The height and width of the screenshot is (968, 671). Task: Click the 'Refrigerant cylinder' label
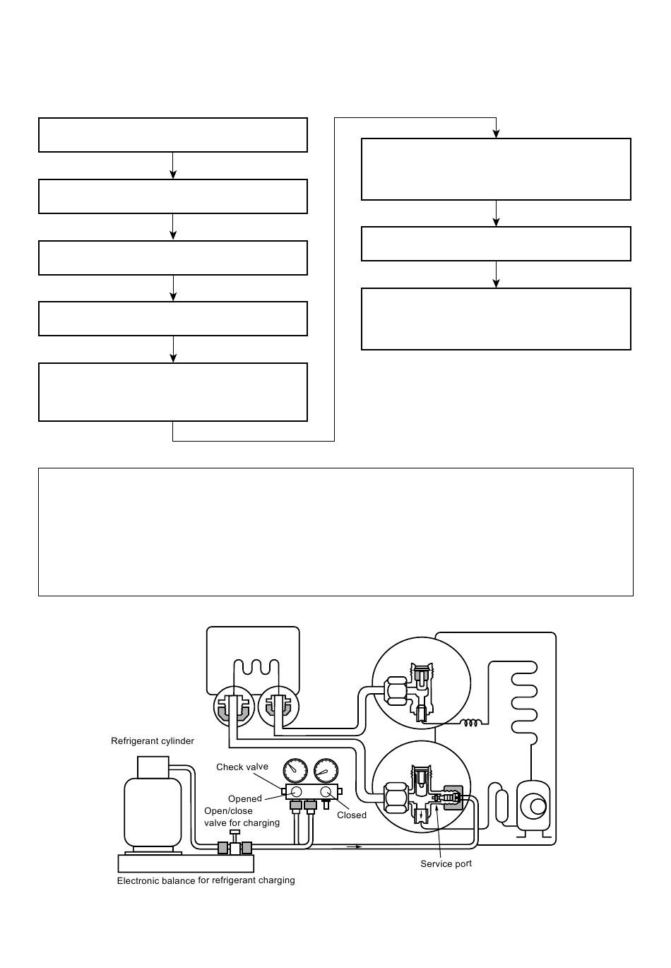[x=152, y=741]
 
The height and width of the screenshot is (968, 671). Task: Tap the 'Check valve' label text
[x=242, y=767]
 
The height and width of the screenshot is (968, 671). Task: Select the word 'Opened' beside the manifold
[x=244, y=799]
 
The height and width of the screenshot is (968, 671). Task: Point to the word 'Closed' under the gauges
[x=351, y=815]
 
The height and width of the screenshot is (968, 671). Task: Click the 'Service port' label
[x=446, y=863]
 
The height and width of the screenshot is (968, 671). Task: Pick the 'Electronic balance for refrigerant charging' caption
[x=206, y=880]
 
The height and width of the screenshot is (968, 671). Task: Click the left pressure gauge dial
[x=295, y=772]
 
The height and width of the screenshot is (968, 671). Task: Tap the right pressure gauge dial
[x=326, y=772]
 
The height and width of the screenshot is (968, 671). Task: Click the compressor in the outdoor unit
[x=534, y=805]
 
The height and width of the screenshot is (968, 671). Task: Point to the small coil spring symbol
[x=471, y=722]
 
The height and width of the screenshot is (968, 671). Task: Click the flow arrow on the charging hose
[x=354, y=846]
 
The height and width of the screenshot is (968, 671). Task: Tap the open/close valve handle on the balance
[x=235, y=832]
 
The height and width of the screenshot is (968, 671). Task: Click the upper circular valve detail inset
[x=421, y=682]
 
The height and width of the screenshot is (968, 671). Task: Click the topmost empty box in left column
[x=173, y=135]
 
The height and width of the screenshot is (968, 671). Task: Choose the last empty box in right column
[x=496, y=319]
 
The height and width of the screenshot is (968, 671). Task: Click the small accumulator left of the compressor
[x=502, y=806]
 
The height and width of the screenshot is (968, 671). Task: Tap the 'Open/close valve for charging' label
[x=242, y=817]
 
